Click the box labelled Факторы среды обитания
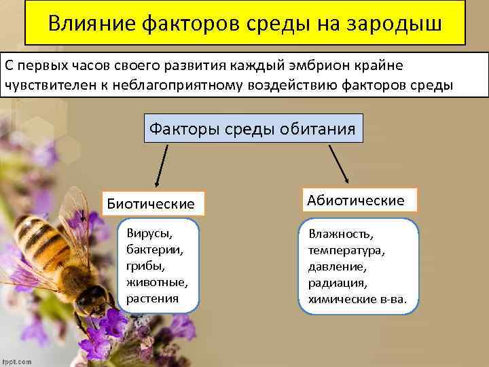point(253,127)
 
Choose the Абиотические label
point(355,200)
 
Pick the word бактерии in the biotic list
point(149,250)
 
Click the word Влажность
point(340,234)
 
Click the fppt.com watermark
point(16,361)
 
